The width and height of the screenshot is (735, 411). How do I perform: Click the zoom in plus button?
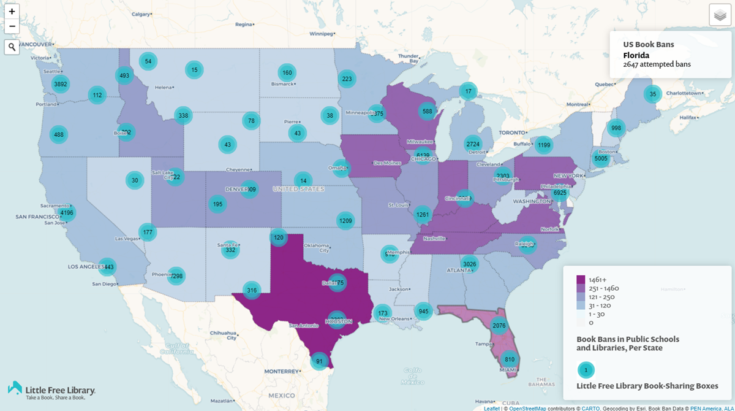[12, 11]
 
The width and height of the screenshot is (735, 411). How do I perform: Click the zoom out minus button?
[12, 26]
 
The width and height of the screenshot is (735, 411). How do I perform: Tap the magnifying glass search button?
[12, 47]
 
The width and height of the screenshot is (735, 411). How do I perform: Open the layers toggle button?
[720, 15]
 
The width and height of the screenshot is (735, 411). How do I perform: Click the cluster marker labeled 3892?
[60, 84]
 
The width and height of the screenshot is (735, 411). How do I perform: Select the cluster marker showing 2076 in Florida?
[499, 326]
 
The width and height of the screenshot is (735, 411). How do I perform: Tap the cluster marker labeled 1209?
[345, 221]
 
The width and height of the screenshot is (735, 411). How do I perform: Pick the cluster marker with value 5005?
[601, 159]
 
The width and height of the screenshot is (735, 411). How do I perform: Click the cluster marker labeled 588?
[427, 111]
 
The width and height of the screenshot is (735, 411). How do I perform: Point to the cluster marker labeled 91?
[318, 361]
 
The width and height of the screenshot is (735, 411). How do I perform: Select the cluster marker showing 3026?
[469, 264]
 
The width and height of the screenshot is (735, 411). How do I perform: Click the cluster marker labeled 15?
[194, 71]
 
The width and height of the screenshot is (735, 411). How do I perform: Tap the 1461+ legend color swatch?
[581, 280]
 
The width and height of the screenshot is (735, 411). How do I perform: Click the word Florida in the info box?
[636, 55]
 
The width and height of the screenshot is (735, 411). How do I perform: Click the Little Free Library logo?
[51, 390]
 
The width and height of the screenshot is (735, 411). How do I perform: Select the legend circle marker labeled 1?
[586, 370]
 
